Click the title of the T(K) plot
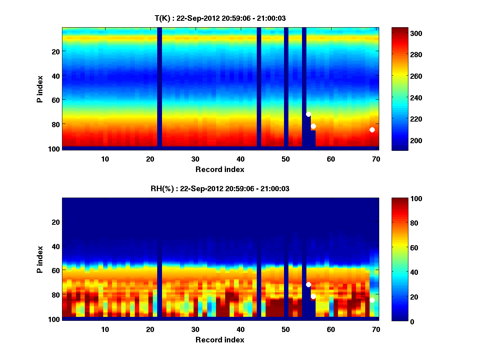tap(220, 18)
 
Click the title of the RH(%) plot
tap(220, 189)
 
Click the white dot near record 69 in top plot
tap(372, 130)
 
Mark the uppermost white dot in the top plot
tap(308, 114)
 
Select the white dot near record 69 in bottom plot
tap(372, 300)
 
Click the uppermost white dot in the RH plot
tap(308, 284)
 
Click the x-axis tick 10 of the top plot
tap(105, 159)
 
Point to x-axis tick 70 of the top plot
tap(376, 159)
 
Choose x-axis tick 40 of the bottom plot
tap(240, 329)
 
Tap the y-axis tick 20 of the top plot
tap(55, 51)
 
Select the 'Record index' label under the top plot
tap(220, 169)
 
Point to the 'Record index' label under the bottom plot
tap(220, 340)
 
